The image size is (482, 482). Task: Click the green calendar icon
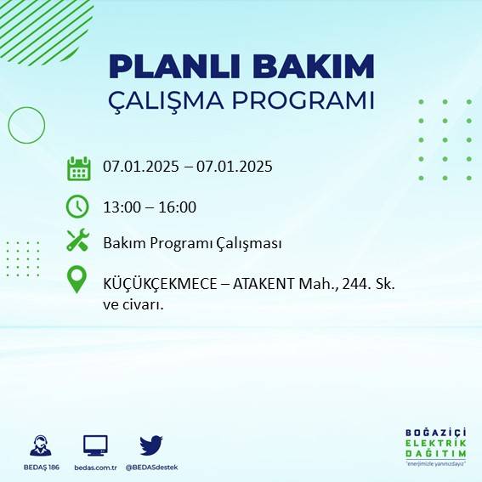78,168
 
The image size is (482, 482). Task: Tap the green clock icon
77,206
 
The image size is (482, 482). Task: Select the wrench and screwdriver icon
77,241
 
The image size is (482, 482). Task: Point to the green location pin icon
77,280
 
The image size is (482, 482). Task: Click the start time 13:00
121,207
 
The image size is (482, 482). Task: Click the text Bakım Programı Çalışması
192,243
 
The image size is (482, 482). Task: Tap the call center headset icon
39,445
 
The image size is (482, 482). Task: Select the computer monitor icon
95,445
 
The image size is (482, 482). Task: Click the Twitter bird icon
151,445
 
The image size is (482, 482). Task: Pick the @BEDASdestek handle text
151,468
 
